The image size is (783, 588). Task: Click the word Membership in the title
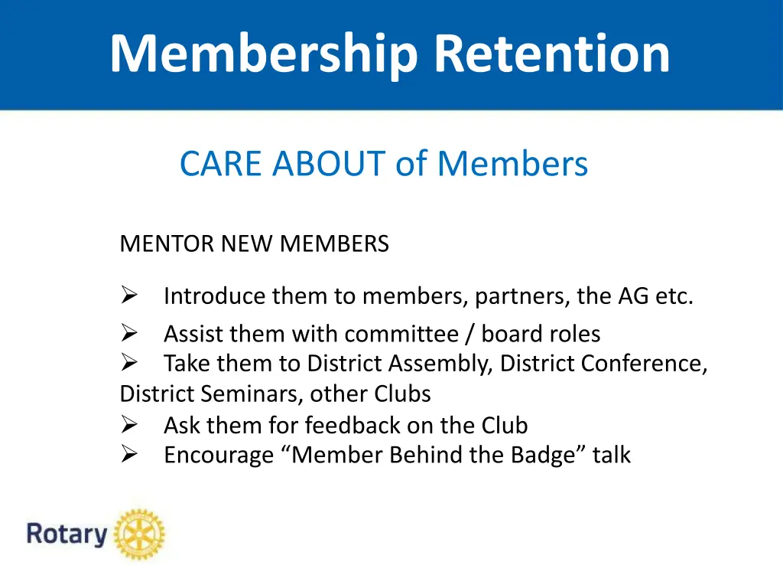[x=264, y=54]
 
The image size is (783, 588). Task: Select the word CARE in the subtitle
[x=223, y=164]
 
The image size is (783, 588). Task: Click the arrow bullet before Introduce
[x=128, y=295]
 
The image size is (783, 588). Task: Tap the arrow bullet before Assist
[x=128, y=333]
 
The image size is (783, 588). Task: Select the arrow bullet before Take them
[x=128, y=363]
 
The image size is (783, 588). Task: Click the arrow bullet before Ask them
[x=128, y=424]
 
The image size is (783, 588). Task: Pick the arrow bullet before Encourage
[x=128, y=455]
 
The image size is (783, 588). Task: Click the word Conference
[x=643, y=364]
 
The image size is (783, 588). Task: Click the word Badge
[x=545, y=456]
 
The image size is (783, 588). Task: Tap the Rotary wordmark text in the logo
[x=67, y=534]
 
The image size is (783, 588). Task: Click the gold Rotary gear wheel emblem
[x=139, y=533]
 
